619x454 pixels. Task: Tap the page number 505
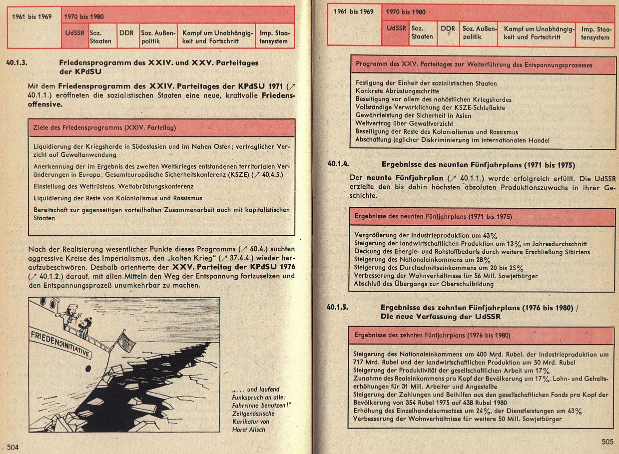[607, 442]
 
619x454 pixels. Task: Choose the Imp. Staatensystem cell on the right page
[595, 33]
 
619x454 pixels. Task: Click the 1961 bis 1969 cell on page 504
[33, 16]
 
